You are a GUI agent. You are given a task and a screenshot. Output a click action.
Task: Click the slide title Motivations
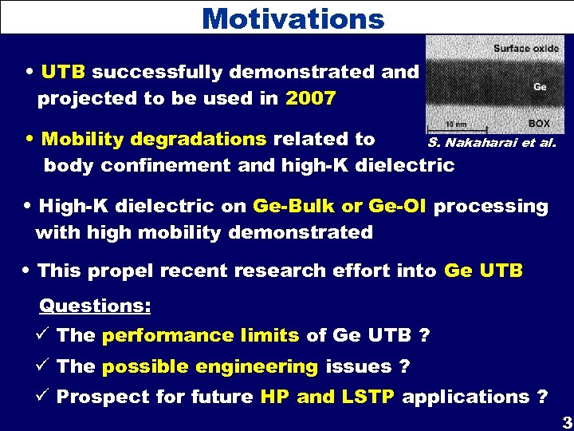(293, 18)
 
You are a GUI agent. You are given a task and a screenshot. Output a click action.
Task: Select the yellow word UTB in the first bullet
(64, 72)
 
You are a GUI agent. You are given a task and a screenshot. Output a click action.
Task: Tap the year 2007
(310, 99)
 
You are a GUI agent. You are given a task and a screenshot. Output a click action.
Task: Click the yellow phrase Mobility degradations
(154, 139)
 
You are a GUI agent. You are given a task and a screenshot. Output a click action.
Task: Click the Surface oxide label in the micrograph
(525, 48)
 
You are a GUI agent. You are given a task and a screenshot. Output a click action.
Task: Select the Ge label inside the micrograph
(540, 86)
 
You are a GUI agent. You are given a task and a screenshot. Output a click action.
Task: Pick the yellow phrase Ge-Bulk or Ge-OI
(340, 206)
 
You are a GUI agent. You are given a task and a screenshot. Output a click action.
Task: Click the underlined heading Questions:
(95, 306)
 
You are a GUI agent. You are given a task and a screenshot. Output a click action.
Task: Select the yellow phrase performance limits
(200, 336)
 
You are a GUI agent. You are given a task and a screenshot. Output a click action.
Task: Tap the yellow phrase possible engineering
(210, 366)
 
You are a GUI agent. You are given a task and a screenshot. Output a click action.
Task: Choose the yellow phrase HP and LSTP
(328, 397)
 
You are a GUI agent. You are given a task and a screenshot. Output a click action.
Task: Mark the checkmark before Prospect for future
(45, 396)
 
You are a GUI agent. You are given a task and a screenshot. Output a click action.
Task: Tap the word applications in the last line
(466, 397)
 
